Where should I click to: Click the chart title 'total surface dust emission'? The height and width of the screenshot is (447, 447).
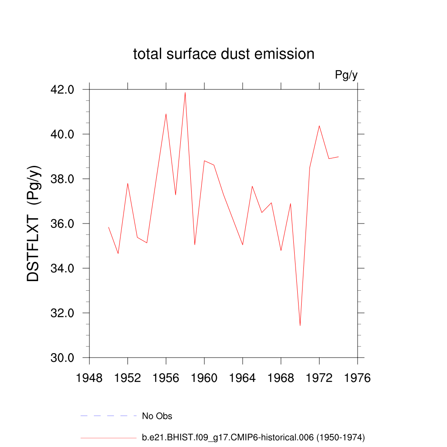point(223,54)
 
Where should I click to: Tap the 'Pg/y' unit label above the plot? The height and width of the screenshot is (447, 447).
point(346,76)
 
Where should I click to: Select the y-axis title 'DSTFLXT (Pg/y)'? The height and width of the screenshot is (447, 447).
point(34,223)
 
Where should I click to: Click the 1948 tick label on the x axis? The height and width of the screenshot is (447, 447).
point(89,378)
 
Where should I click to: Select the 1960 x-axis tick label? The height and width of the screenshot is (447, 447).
point(204,378)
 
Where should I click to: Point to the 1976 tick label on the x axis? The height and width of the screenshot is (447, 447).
point(358,378)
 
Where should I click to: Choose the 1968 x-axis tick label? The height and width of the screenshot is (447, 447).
point(281,378)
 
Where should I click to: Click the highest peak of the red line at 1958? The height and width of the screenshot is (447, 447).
point(185,93)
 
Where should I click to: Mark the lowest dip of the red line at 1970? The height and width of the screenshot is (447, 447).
point(300,325)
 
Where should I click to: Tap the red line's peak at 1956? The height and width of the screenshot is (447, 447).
point(166,114)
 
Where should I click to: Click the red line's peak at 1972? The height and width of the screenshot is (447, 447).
point(319,126)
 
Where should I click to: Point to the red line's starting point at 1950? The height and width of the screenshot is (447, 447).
point(109,227)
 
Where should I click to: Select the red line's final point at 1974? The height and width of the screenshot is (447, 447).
point(338,157)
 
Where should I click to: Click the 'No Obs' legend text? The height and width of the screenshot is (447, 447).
point(157,416)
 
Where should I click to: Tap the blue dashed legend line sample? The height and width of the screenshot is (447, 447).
point(109,416)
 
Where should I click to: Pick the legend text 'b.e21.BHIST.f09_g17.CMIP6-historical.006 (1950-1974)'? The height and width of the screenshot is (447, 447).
point(253,437)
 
